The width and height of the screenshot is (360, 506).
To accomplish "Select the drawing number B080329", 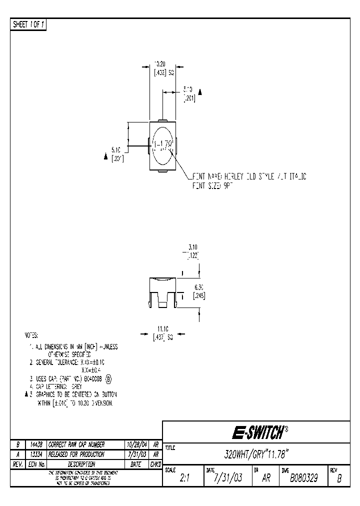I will pos(304,478).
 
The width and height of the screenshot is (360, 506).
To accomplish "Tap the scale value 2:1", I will pos(184,478).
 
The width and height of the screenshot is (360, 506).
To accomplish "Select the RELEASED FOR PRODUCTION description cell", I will pos(76,454).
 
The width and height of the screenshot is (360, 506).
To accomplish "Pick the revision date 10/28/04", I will pos(137,444).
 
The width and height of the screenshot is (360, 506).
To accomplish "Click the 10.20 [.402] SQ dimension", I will pos(163,68).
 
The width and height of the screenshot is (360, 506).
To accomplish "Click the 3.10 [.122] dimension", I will pos(192,250).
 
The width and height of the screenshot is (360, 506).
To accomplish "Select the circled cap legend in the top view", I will pos(163,145).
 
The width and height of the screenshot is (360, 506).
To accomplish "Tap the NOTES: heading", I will pos(31,335).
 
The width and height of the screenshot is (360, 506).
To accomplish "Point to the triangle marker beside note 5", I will pos(26,394).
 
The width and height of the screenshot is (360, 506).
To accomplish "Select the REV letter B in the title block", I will pos(339,478).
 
